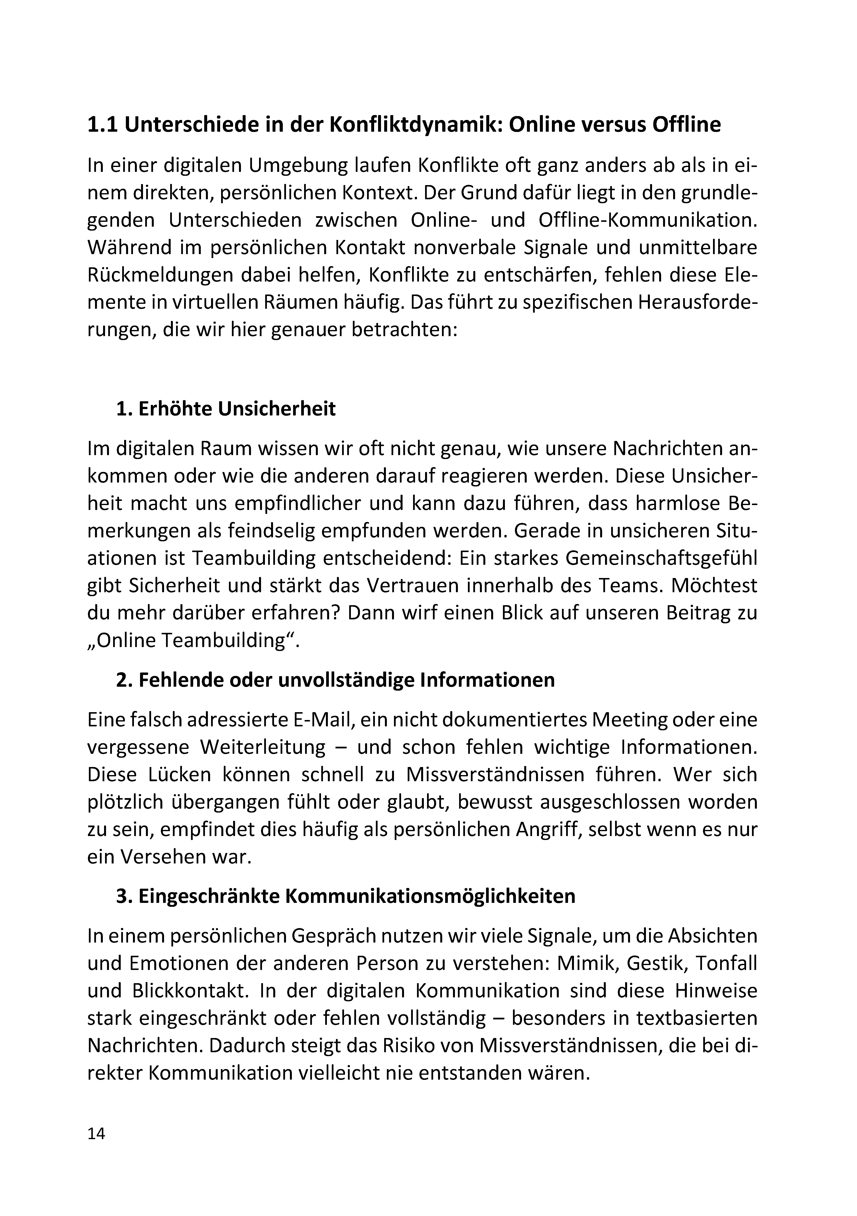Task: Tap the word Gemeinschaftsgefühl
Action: click(x=662, y=558)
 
